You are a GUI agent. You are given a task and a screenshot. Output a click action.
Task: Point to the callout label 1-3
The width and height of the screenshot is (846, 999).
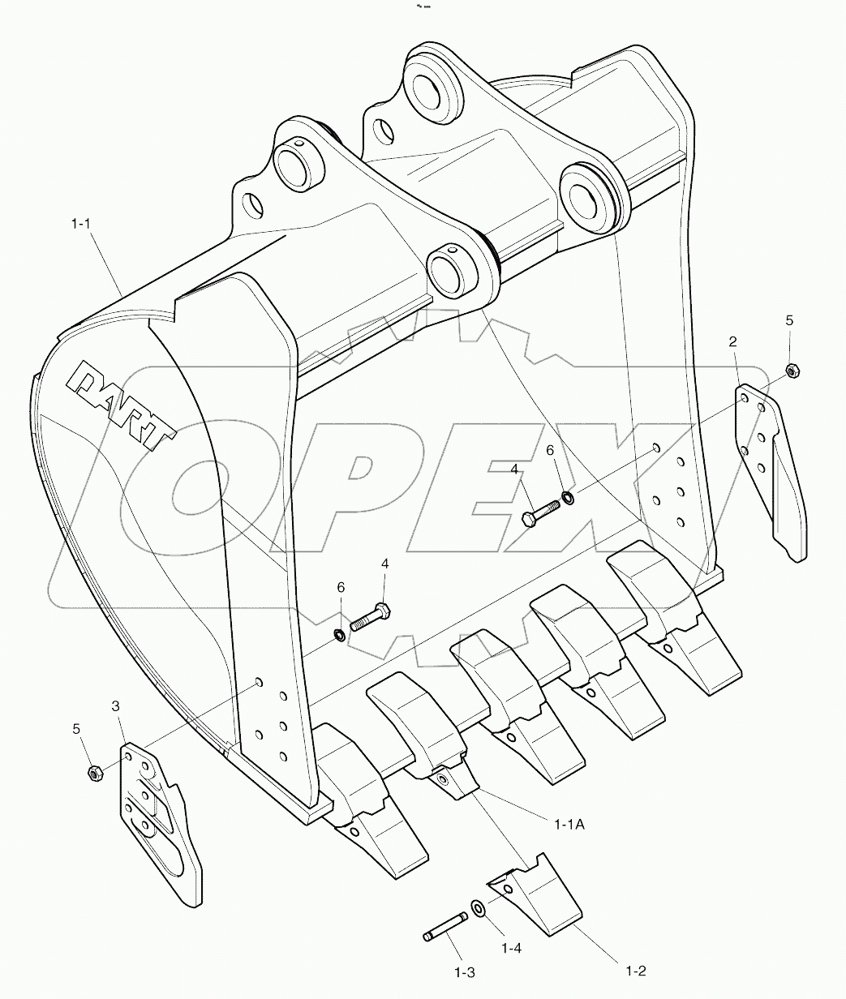pos(463,972)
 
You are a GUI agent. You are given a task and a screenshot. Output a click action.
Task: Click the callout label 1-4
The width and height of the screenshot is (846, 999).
pos(511,947)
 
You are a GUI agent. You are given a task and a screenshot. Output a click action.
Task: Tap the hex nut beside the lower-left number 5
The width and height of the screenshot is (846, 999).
pos(94,773)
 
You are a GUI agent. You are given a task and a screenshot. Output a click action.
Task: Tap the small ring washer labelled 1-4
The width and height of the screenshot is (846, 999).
pos(479,907)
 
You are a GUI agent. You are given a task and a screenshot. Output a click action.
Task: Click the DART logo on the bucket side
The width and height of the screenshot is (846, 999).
pos(123,405)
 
